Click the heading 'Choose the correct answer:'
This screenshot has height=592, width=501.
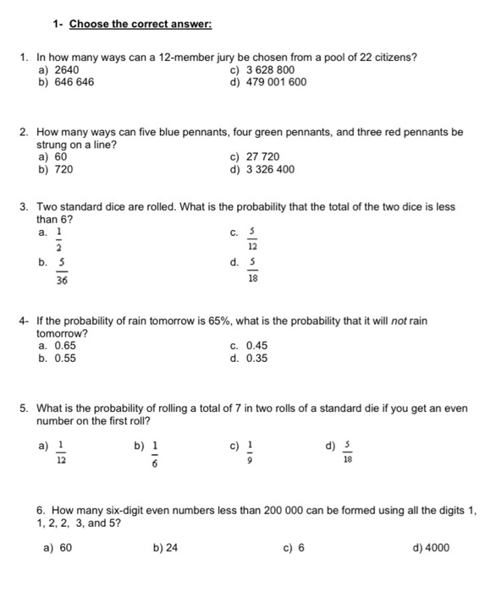(x=140, y=24)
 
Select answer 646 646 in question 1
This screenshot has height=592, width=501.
(x=72, y=82)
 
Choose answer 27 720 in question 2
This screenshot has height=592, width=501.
(x=262, y=156)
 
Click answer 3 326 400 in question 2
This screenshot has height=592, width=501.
(x=269, y=169)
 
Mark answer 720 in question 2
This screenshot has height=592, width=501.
(x=63, y=169)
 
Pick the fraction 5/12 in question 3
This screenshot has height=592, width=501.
(x=251, y=238)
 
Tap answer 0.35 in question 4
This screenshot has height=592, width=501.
(x=256, y=358)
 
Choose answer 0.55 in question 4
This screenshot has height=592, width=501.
(x=65, y=358)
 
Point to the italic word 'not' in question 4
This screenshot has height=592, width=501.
(x=399, y=321)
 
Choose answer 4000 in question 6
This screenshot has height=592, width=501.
(x=437, y=547)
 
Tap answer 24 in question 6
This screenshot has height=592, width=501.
(x=172, y=547)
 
